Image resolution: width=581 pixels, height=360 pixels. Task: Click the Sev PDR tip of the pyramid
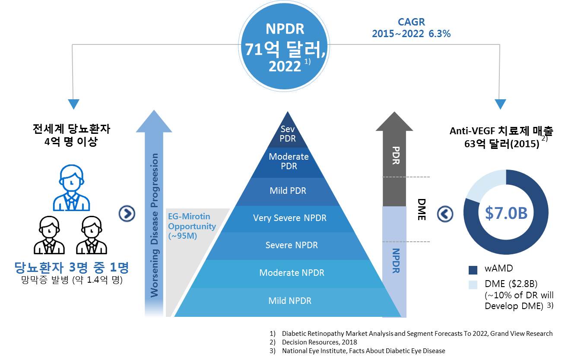click(287, 133)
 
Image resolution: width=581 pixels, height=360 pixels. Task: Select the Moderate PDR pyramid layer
click(289, 161)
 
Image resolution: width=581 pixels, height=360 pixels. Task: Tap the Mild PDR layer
click(288, 190)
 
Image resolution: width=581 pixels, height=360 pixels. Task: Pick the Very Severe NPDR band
click(289, 218)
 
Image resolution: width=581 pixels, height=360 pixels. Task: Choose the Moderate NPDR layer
click(292, 273)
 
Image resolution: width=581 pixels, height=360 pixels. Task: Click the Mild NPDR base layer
click(289, 301)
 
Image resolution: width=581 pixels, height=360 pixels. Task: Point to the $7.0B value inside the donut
click(506, 213)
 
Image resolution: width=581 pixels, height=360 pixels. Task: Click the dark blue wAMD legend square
click(473, 270)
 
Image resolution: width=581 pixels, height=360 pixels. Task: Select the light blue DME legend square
click(473, 285)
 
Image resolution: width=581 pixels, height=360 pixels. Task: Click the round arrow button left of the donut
click(445, 213)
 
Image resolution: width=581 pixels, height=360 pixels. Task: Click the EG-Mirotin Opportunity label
click(191, 226)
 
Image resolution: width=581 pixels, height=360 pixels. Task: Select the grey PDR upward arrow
click(395, 160)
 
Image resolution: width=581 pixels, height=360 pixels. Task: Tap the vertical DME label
click(422, 210)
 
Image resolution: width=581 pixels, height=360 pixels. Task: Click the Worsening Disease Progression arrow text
click(154, 224)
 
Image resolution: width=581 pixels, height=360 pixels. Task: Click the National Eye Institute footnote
click(363, 351)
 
